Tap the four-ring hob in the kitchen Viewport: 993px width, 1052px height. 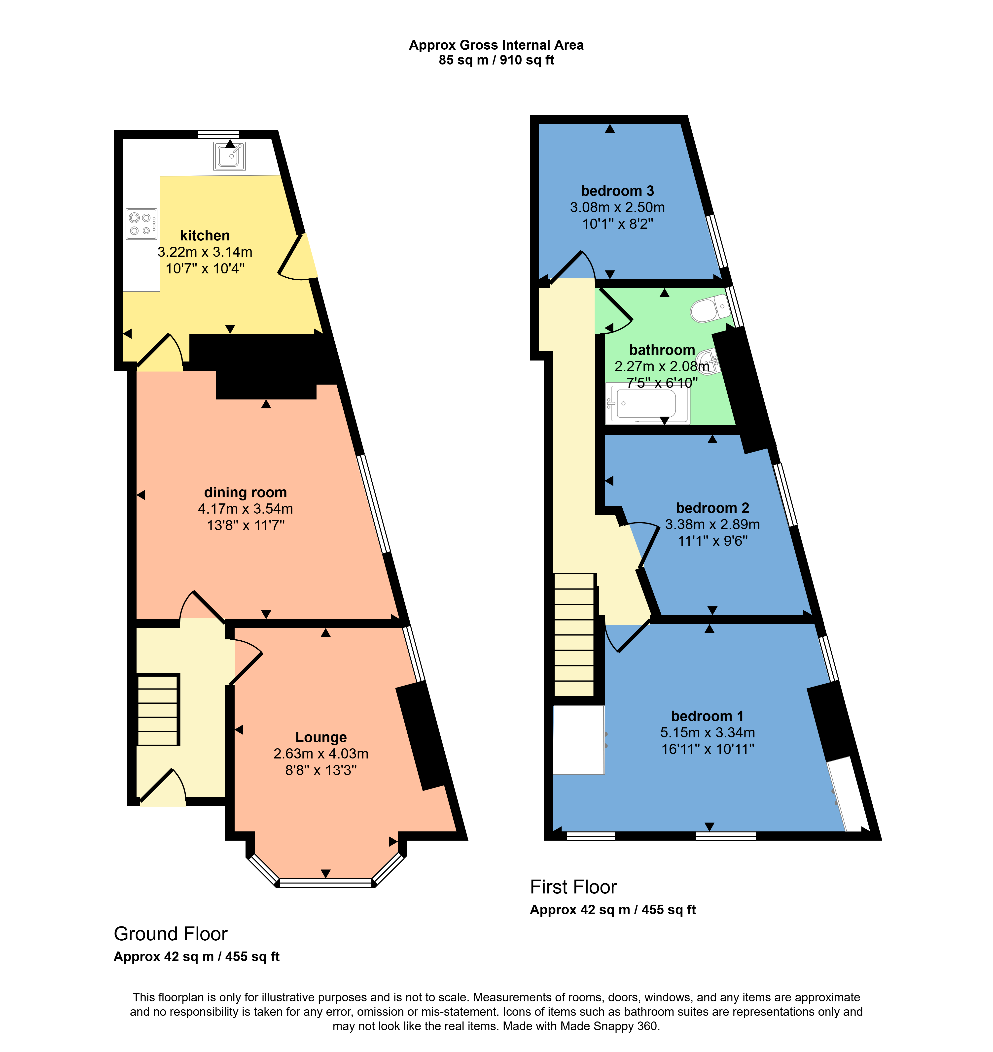pos(142,224)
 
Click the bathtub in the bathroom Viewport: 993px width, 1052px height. pos(647,403)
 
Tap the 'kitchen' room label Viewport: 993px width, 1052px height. pos(205,235)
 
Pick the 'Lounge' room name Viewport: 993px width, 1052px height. pos(321,737)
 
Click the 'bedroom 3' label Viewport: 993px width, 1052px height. pos(617,191)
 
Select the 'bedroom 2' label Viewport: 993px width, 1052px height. pos(713,508)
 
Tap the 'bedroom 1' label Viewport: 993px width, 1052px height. pos(708,716)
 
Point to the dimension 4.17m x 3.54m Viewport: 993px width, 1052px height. pos(246,509)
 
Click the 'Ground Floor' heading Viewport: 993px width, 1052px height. pos(171,934)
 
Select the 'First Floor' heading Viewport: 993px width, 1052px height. pos(573,887)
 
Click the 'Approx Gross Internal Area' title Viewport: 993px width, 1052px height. pos(496,45)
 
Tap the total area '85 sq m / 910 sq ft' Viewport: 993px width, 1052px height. pos(496,60)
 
